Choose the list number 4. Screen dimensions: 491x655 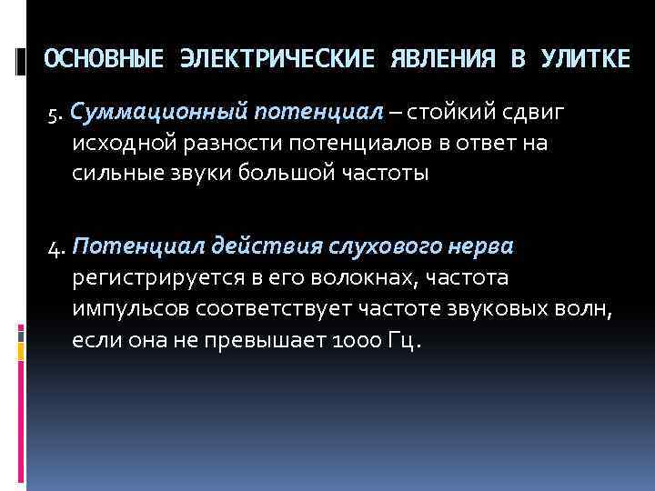55,247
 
